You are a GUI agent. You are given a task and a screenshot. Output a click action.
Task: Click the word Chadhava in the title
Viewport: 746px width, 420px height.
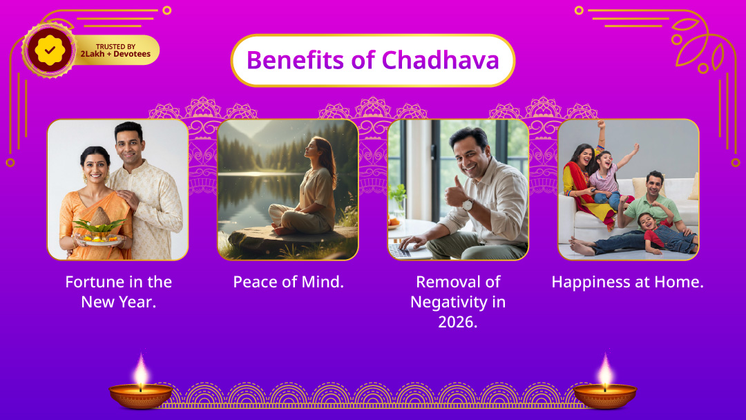[x=440, y=60]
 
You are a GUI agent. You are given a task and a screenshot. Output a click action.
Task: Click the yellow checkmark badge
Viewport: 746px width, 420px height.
[x=50, y=50]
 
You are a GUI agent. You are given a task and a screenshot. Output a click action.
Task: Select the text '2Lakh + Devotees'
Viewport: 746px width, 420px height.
[x=115, y=54]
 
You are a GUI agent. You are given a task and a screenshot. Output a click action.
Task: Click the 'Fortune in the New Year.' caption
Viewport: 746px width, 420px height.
[x=119, y=292]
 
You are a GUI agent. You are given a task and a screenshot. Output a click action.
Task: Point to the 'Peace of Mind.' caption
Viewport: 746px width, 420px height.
[x=288, y=282]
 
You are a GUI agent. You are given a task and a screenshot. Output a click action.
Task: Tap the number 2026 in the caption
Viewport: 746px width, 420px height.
[x=457, y=322]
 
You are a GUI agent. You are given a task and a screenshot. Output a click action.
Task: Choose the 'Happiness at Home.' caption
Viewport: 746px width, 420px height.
[x=627, y=282]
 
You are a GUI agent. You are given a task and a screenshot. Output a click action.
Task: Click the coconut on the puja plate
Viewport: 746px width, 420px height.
[x=100, y=217]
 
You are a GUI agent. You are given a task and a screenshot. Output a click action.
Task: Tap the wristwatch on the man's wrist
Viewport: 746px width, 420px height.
[x=467, y=205]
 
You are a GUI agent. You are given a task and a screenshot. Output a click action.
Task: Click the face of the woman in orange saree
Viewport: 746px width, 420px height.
[x=95, y=168]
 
